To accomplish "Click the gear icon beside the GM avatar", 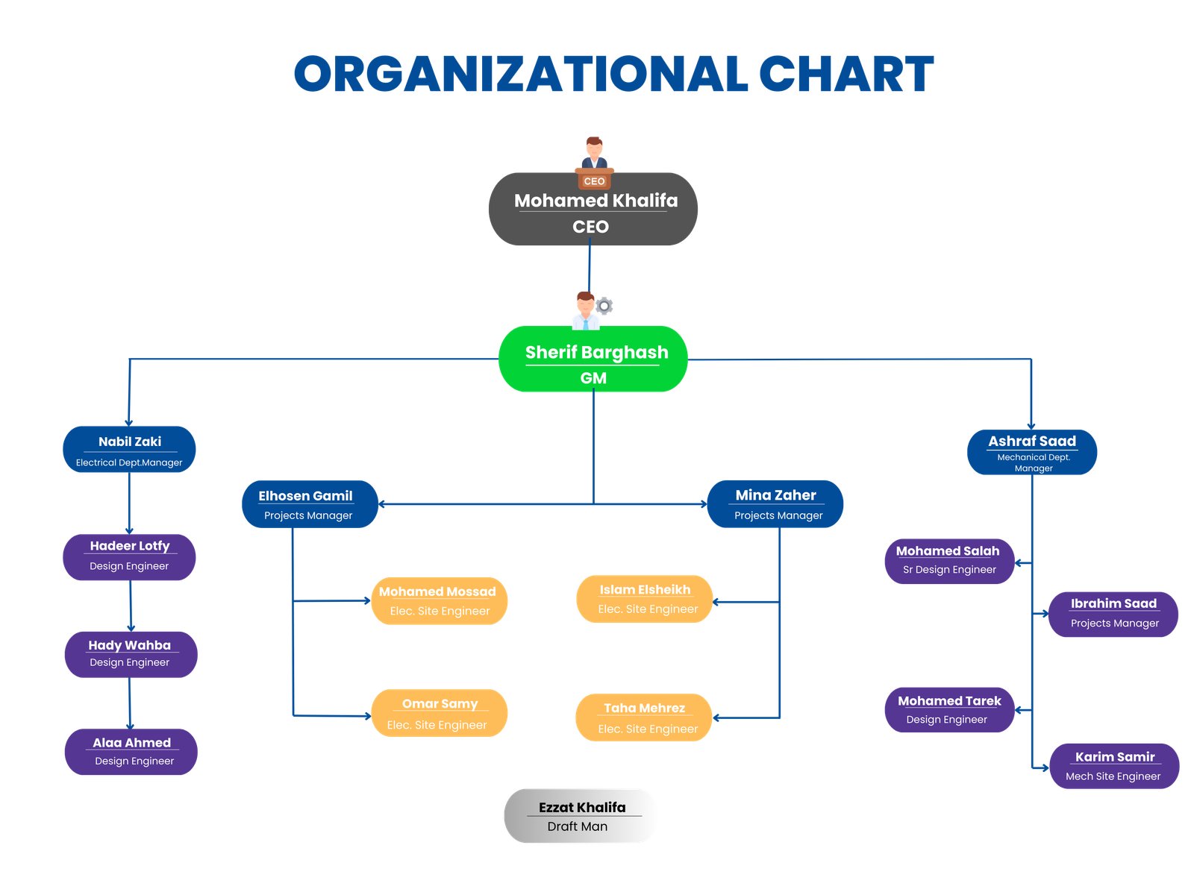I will [604, 306].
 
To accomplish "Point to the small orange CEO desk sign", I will [594, 181].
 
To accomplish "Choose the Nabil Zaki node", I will [129, 450].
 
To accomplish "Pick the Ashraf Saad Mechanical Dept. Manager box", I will [1032, 452].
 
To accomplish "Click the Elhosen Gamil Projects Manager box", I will [309, 504].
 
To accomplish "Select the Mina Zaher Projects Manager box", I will [775, 504].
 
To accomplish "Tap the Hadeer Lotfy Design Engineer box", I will [129, 556].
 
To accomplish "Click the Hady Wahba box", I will [131, 654].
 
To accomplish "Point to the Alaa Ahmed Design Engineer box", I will [131, 752].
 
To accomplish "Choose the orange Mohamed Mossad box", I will [440, 600].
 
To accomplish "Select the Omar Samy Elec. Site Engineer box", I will [440, 714].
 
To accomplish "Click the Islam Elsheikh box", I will [645, 599].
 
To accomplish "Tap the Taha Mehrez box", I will [644, 717].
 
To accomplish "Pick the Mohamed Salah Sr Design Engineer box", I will [949, 560].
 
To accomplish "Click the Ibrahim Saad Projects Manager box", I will [1113, 614].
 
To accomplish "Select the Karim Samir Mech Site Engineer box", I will [1114, 766].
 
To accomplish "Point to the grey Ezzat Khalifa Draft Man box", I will [581, 816].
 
